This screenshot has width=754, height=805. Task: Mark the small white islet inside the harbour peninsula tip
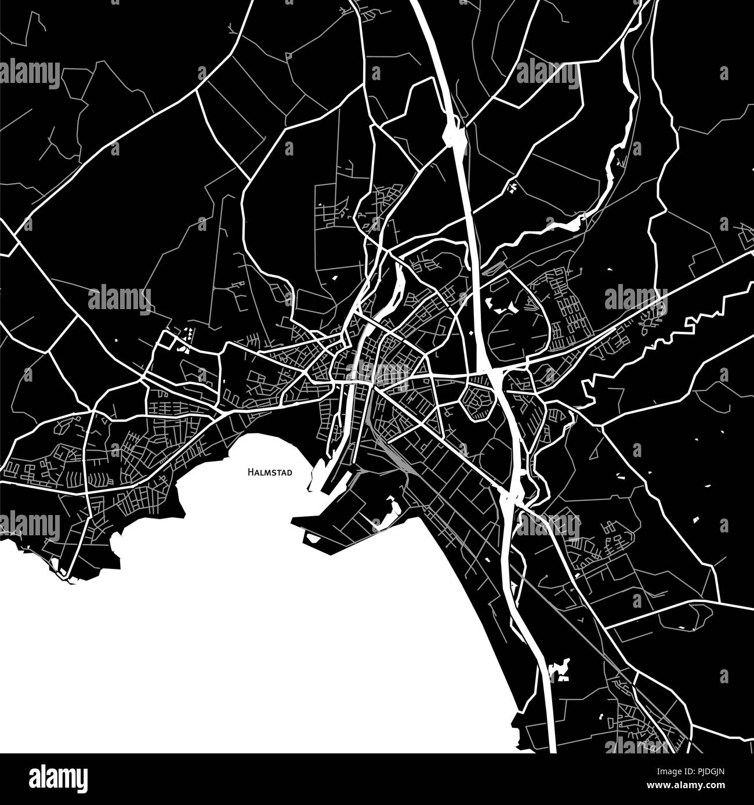tap(312, 539)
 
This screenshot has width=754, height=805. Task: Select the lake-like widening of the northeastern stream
tap(565, 223)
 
